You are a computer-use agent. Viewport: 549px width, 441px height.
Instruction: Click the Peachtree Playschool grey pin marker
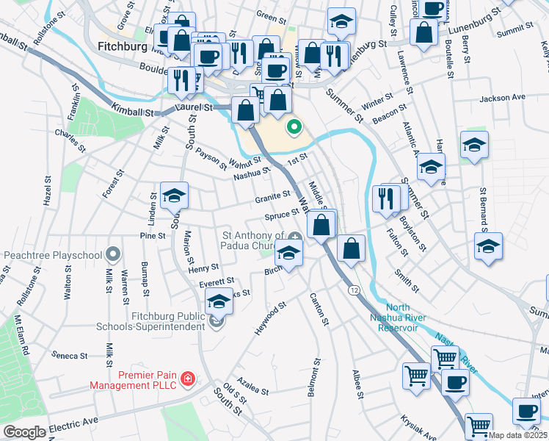[x=112, y=254]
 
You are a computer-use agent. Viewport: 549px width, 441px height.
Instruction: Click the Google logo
[x=24, y=431]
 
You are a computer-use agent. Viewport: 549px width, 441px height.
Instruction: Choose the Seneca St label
[x=70, y=356]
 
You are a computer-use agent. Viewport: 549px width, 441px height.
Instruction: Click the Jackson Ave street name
[x=503, y=97]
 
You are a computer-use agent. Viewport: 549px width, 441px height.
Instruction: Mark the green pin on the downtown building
[x=294, y=127]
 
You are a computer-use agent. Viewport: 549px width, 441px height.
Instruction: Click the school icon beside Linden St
[x=175, y=196]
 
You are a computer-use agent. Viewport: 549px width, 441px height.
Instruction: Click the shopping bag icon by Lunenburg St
[x=424, y=32]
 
